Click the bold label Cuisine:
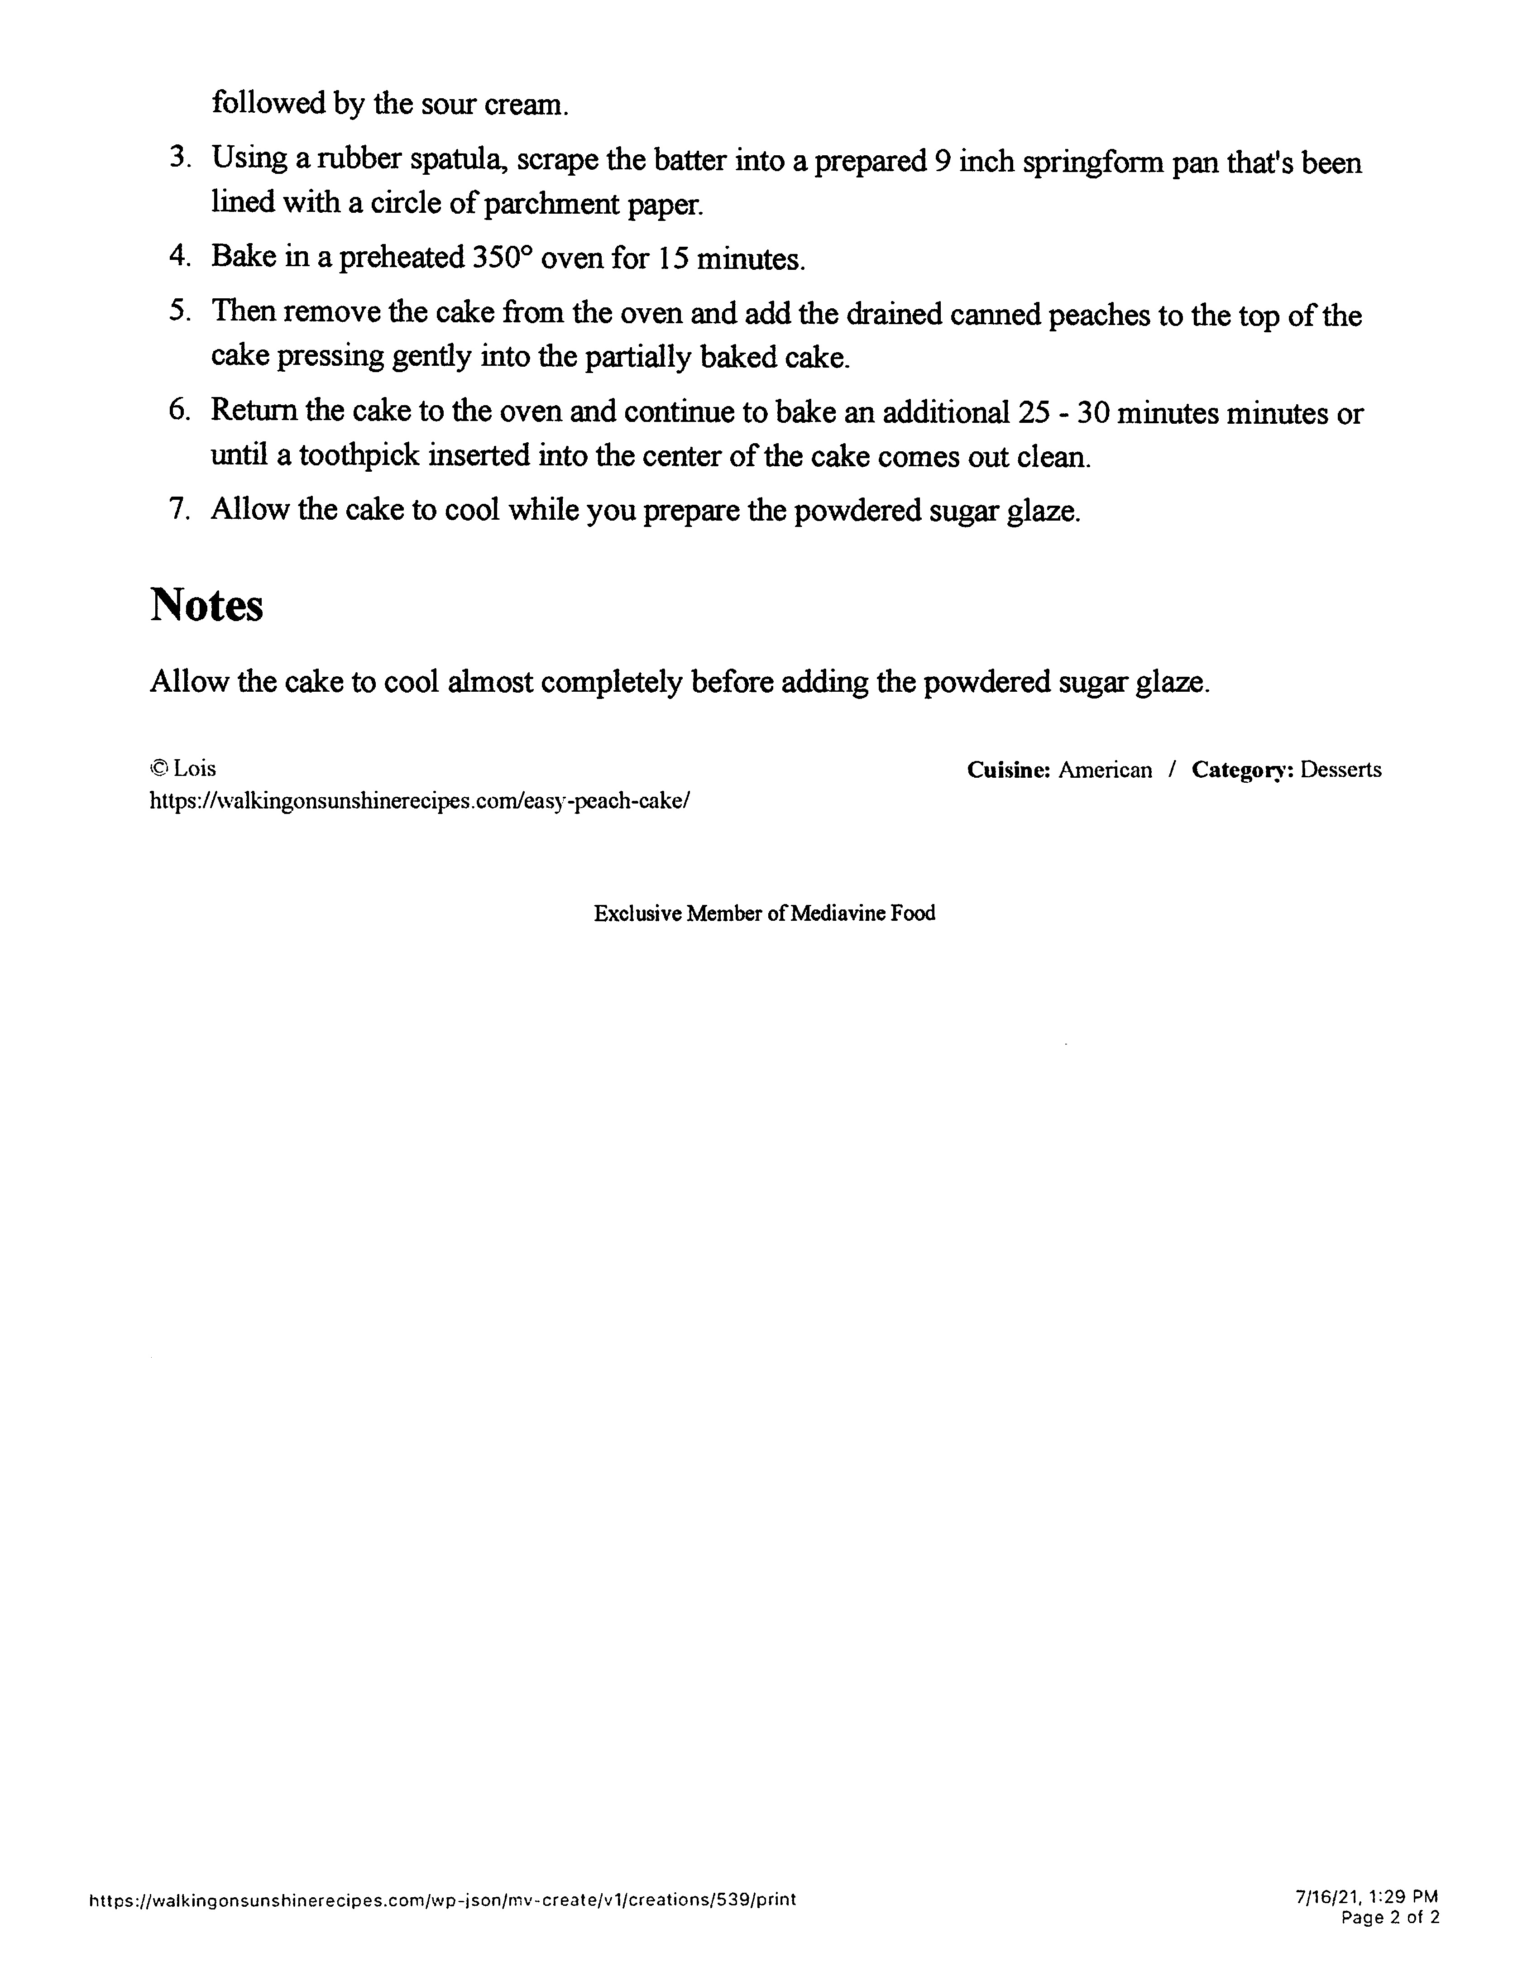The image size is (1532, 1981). click(1008, 770)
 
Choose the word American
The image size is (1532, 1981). click(1105, 770)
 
